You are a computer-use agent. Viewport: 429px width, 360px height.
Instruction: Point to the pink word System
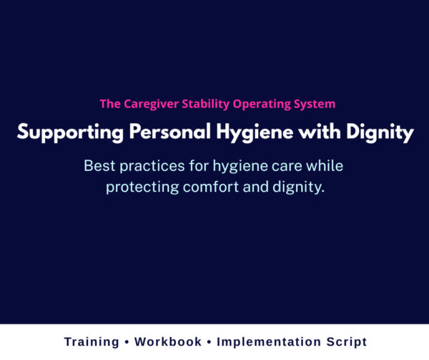click(x=312, y=104)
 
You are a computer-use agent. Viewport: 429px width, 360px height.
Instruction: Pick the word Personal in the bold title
click(x=154, y=133)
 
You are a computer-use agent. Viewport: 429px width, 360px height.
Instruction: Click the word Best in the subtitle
click(x=99, y=166)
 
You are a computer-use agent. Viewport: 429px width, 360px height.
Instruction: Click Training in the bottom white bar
click(x=91, y=342)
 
